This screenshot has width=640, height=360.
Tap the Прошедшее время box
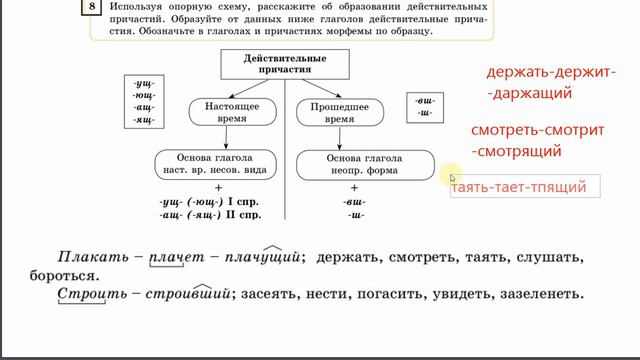(334, 111)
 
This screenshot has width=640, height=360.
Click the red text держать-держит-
(549, 73)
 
